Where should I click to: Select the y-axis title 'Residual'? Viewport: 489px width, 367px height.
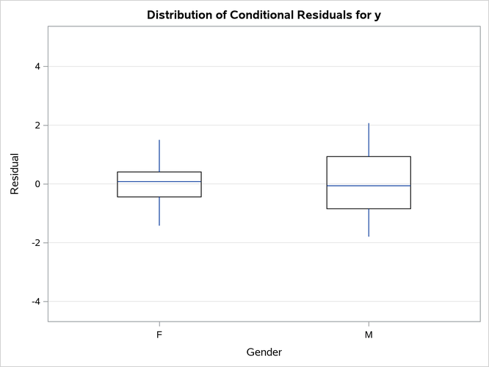click(15, 174)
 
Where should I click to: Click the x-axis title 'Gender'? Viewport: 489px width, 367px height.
click(264, 352)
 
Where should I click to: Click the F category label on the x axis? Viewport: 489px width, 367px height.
click(159, 334)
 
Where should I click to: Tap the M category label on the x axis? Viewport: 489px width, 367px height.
click(369, 334)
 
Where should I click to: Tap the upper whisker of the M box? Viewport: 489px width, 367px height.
click(369, 139)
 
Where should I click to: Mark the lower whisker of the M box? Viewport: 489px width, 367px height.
click(369, 223)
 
